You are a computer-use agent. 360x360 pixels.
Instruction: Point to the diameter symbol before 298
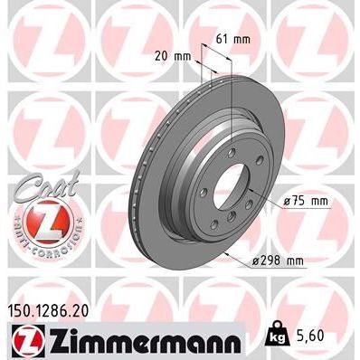coord(257,261)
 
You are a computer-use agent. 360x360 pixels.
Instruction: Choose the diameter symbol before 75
coord(286,203)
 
